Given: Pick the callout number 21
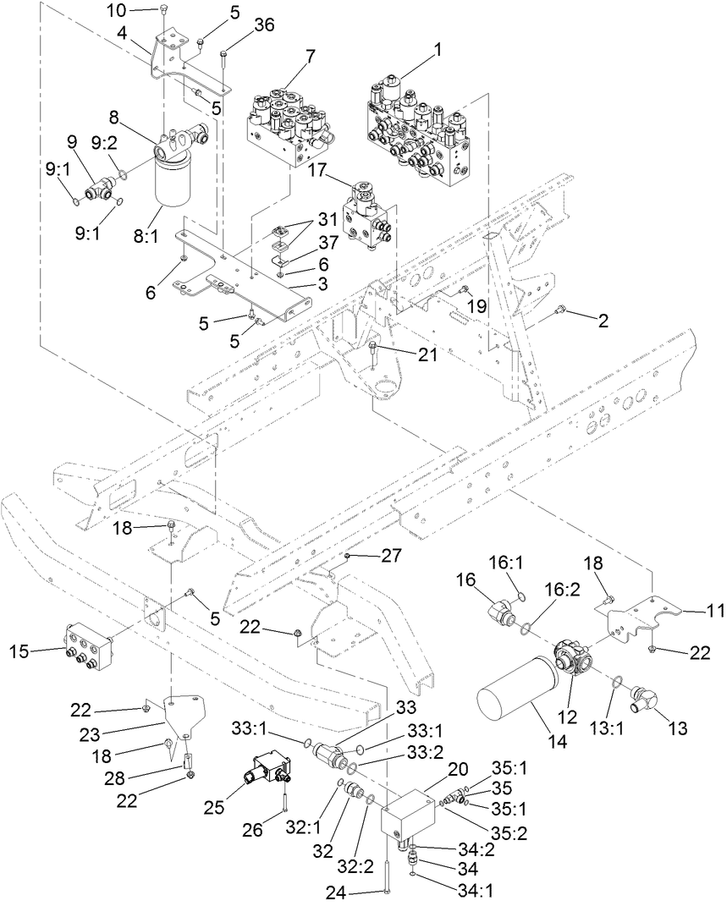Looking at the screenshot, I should pos(427,354).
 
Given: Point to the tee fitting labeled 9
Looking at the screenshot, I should pos(96,192).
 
